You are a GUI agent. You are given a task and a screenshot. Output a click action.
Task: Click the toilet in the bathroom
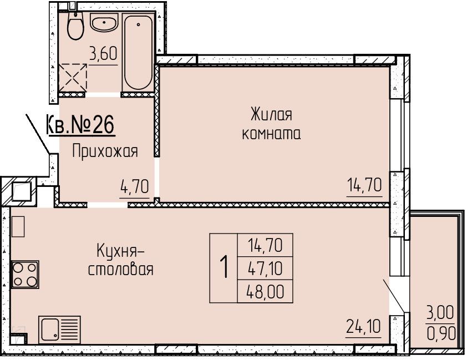coord(75,26)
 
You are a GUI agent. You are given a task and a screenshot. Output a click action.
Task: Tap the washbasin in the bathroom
coord(104,23)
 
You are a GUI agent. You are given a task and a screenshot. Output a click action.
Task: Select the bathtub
coord(138,52)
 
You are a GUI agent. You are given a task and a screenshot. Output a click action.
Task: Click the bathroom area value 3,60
coord(103,54)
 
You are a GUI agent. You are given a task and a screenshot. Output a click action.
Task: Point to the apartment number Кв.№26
coord(80,125)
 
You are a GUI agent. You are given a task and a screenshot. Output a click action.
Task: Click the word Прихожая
coord(105,151)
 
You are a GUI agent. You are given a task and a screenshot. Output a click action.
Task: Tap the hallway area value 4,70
coord(134,187)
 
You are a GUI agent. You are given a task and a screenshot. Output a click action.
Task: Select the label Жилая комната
coord(271,124)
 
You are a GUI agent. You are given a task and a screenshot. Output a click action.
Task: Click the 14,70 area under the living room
coord(364,185)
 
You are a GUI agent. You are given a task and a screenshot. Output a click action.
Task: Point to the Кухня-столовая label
coord(120,260)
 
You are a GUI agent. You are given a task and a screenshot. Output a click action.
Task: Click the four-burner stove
coord(25,274)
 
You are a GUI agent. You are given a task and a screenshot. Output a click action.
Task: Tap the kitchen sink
coord(59,329)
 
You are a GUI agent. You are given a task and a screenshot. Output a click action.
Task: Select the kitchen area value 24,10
coord(363,326)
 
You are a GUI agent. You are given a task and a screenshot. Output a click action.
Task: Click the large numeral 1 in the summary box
coord(224,267)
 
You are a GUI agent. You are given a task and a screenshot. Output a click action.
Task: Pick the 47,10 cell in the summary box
coord(265,268)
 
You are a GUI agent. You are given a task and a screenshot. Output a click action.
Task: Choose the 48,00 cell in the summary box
coord(265,291)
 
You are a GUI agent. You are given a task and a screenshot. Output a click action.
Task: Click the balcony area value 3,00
coord(440,313)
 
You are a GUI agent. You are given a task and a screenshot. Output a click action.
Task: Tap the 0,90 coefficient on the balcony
coord(441,333)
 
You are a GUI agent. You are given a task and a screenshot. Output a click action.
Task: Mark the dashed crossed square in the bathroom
coord(72,78)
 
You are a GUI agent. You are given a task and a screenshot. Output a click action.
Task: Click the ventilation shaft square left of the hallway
coord(22,191)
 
